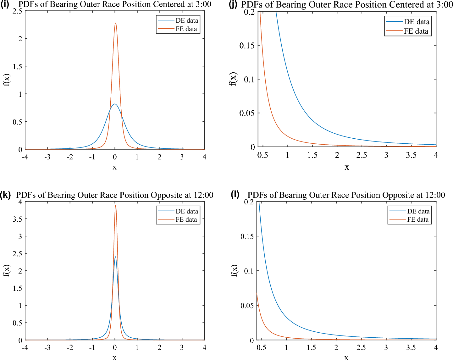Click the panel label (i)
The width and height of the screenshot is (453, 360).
tap(5, 4)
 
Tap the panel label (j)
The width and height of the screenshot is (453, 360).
tap(233, 5)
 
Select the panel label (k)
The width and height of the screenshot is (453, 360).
tap(6, 195)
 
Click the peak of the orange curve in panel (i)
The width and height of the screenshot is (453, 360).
tap(115, 23)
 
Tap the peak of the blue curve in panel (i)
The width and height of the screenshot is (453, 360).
tap(115, 104)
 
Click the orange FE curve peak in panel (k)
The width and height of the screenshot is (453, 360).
tap(115, 206)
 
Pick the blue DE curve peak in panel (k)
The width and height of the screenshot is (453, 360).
tap(115, 257)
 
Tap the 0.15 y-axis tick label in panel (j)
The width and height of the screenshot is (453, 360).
tap(247, 46)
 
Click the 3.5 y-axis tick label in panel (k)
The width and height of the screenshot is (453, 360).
tap(17, 219)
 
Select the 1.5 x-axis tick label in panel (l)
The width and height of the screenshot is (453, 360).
tap(311, 347)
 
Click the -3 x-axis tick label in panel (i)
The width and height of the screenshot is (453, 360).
tap(47, 157)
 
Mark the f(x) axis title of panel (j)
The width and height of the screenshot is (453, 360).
tap(232, 79)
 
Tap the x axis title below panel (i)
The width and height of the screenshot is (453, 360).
tap(114, 167)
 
